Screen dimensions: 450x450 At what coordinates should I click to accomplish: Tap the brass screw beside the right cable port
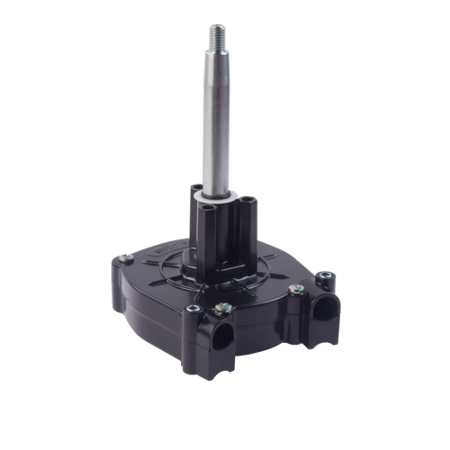(295, 290)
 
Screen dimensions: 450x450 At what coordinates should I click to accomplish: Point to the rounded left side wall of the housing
(126, 288)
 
